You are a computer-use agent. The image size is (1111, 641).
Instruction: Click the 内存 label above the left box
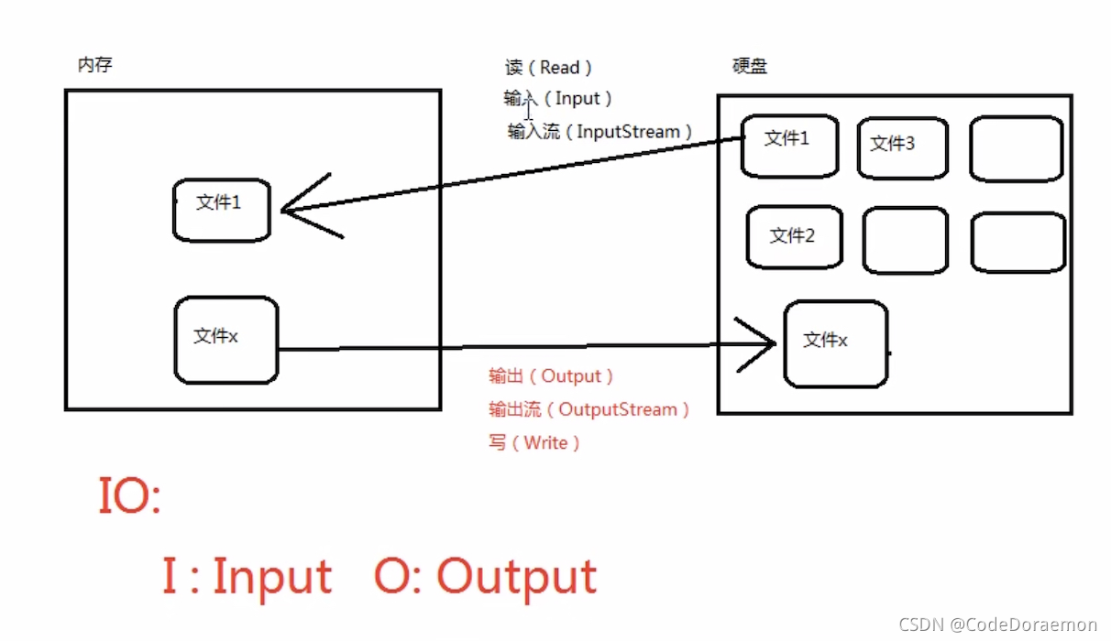95,64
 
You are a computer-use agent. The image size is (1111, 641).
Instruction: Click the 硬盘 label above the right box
749,67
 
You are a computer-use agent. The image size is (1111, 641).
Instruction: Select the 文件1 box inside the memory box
221,210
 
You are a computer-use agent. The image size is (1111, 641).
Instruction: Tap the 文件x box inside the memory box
225,339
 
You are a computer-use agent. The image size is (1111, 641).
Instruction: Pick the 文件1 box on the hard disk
788,145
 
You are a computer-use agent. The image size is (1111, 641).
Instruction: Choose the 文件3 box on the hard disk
901,147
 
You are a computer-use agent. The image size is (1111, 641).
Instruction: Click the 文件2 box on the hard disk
794,236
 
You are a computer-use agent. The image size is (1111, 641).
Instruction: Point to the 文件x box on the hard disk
835,342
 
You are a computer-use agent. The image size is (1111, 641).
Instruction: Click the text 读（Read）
549,68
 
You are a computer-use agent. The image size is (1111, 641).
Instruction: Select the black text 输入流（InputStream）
600,132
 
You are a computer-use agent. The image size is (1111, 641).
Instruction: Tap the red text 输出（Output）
551,376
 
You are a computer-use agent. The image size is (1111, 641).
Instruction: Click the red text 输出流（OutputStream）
589,409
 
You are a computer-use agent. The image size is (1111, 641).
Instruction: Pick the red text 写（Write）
534,443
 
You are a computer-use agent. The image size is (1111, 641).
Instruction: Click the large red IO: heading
129,497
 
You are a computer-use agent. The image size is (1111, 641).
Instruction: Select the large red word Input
271,576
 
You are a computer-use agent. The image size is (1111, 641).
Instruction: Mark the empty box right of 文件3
1016,147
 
